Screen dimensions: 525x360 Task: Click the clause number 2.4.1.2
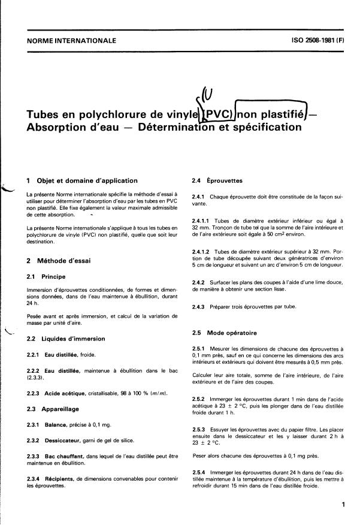(204, 252)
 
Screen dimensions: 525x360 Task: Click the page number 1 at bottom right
(343, 505)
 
